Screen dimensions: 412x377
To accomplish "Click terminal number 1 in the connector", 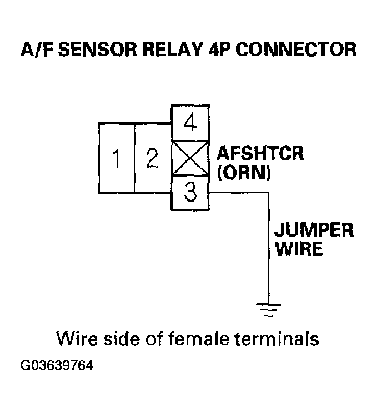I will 117,159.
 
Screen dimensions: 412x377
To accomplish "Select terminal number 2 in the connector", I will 152,159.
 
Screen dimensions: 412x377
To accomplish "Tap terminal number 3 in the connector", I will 190,194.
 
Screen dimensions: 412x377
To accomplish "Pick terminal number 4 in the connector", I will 190,122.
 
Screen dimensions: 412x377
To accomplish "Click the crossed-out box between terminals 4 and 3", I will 190,158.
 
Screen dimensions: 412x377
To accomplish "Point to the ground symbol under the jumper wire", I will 268,309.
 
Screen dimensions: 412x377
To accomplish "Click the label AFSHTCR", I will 260,153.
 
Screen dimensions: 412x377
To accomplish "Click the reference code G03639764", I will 57,366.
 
